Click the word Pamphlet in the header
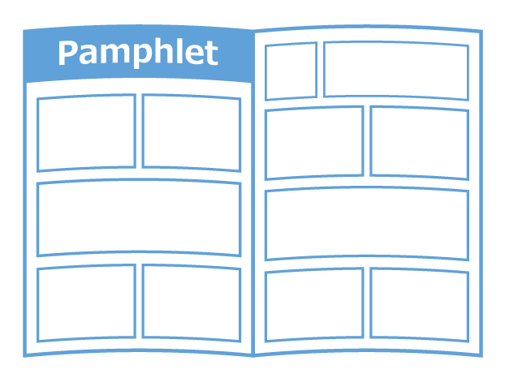pyautogui.click(x=138, y=54)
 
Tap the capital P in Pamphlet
pyautogui.click(x=67, y=53)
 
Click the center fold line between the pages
pyautogui.click(x=253, y=194)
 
